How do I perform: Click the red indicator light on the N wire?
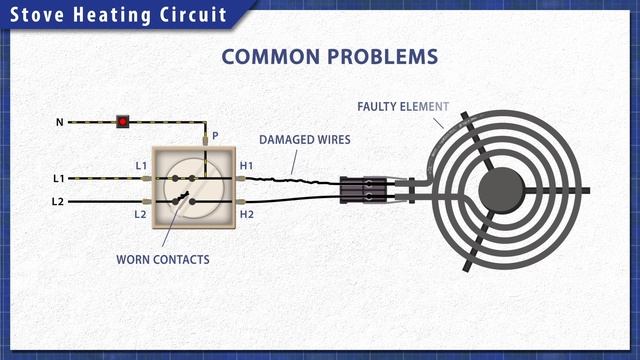pyautogui.click(x=122, y=122)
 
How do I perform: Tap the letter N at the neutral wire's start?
pyautogui.click(x=60, y=122)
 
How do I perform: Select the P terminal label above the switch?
pyautogui.click(x=215, y=136)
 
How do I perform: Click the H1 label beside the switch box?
pyautogui.click(x=246, y=166)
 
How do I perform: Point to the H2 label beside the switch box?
pyautogui.click(x=247, y=214)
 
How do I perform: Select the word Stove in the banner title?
pyautogui.click(x=37, y=15)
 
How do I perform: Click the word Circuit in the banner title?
pyautogui.click(x=193, y=15)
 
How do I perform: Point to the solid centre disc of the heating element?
pyautogui.click(x=501, y=190)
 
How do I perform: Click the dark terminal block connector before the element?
pyautogui.click(x=363, y=190)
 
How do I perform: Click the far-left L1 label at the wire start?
pyautogui.click(x=59, y=178)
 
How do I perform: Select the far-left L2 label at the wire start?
pyautogui.click(x=58, y=201)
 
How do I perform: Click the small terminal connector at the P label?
pyautogui.click(x=205, y=140)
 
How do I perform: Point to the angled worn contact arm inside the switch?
pyautogui.click(x=182, y=198)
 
